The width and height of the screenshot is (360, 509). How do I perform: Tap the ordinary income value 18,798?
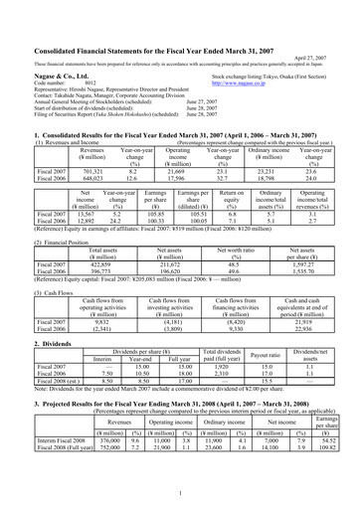click(x=259, y=152)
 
